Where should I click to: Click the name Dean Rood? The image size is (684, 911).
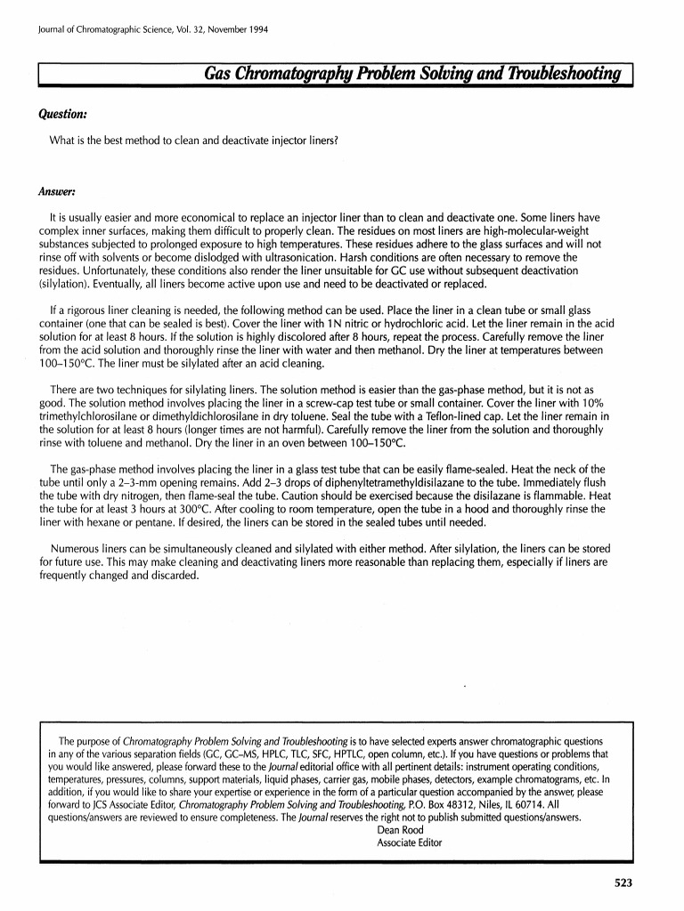(401, 830)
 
